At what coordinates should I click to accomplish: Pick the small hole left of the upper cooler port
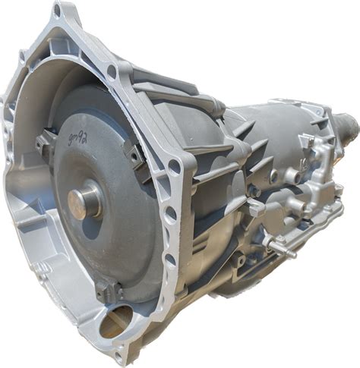tap(273, 175)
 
